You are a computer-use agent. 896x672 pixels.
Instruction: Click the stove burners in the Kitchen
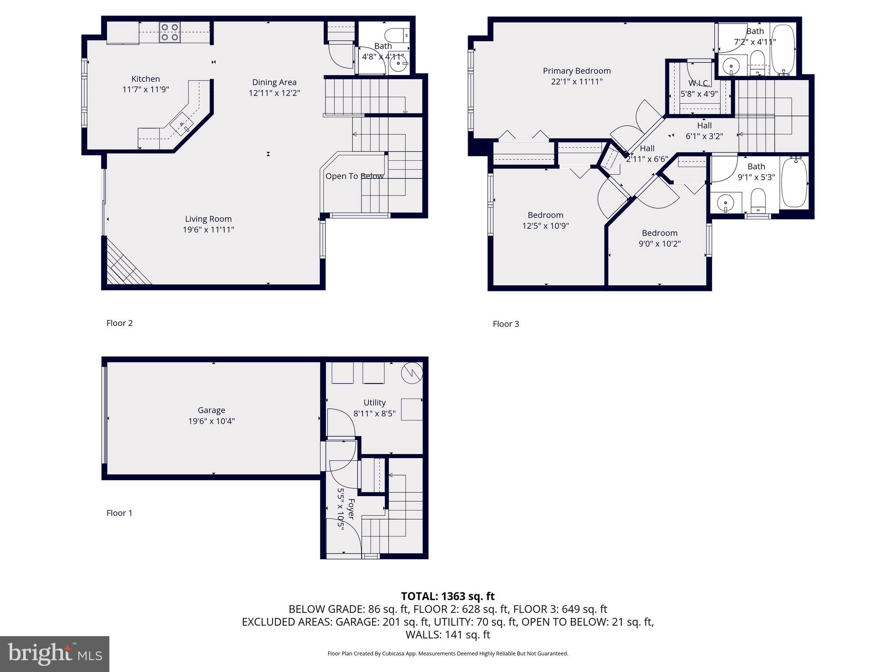[170, 32]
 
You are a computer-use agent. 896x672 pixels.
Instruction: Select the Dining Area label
[274, 82]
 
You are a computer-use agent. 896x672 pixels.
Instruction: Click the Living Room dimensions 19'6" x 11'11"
[208, 230]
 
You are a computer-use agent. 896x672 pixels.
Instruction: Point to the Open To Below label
[354, 176]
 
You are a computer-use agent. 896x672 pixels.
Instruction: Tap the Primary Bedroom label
[577, 71]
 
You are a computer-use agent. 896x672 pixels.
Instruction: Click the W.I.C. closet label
[699, 83]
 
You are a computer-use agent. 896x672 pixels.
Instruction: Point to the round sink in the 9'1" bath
[726, 203]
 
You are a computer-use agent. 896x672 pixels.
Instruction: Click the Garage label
[211, 410]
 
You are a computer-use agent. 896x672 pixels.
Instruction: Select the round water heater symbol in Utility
[412, 373]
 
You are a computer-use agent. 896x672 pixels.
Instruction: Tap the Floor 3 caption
[506, 324]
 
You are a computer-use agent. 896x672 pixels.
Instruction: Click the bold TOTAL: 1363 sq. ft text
[448, 596]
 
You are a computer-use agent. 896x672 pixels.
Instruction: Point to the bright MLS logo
[55, 654]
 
